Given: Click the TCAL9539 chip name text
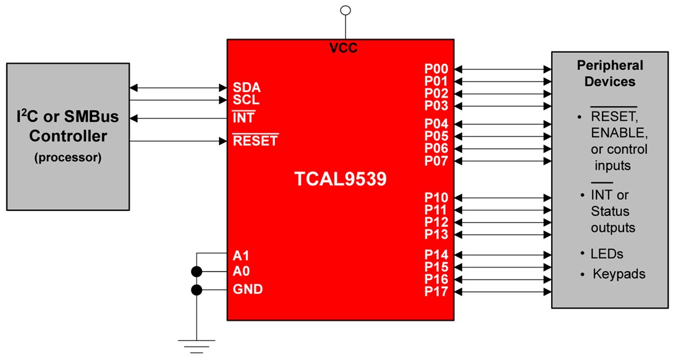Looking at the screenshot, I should click(x=341, y=179).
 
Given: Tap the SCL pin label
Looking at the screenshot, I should click(x=245, y=100).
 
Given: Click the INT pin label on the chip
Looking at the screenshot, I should click(x=244, y=118).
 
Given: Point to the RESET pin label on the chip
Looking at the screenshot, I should click(x=255, y=141).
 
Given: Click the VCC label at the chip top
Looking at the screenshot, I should click(x=343, y=48).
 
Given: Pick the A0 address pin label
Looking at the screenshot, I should click(x=241, y=271).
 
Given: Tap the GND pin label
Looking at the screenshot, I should click(x=248, y=289).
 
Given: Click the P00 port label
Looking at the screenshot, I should click(x=436, y=69).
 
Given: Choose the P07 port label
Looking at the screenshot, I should click(x=436, y=161).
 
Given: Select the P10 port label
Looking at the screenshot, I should click(x=436, y=197).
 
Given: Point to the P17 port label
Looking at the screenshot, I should click(x=436, y=292).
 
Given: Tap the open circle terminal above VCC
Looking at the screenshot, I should click(x=345, y=10).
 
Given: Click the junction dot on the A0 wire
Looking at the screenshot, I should click(x=197, y=272).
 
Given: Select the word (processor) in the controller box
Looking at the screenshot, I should click(x=68, y=157).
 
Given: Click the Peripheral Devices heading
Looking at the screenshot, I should click(x=609, y=74).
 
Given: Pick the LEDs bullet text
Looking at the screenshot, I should click(x=607, y=254).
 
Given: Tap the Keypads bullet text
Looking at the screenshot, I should click(x=619, y=274).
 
